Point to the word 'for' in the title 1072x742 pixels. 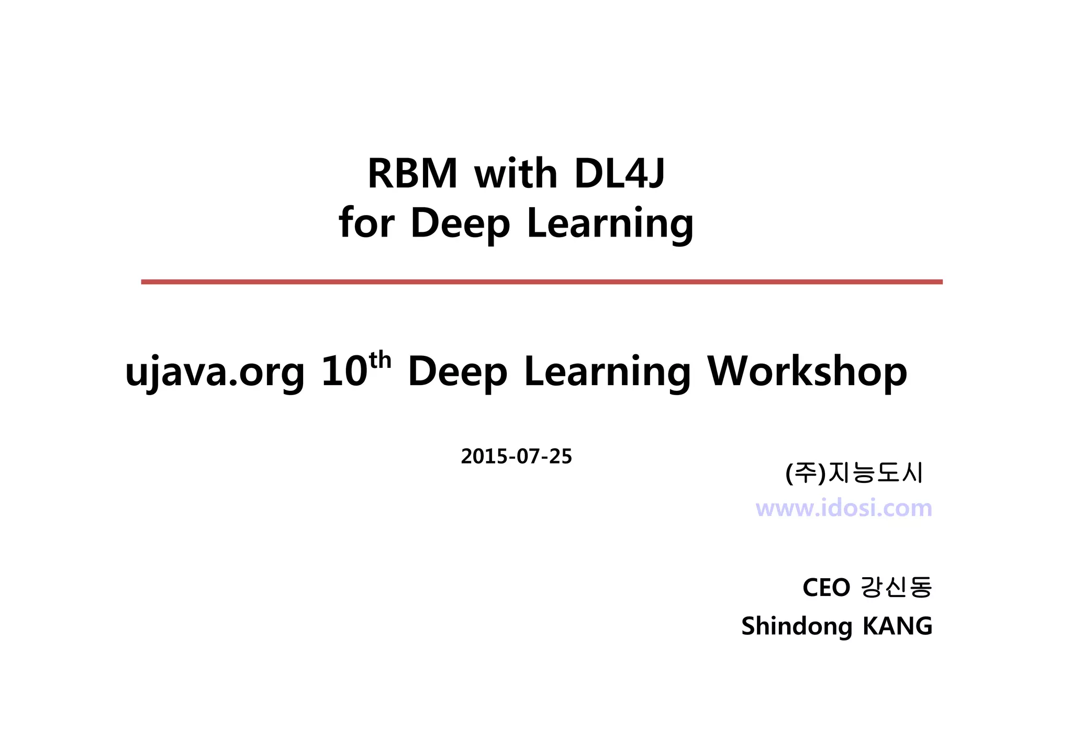366,223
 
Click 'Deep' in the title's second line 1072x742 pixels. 460,224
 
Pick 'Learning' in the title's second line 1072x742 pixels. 610,224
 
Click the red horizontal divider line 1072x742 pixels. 541,282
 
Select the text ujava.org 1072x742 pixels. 215,372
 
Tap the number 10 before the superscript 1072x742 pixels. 344,372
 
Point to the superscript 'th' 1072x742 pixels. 380,360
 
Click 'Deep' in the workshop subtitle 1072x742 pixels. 457,372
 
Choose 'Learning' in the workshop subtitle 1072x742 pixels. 607,373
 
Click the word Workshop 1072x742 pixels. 807,372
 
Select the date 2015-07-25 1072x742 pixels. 516,457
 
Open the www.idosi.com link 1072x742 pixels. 844,508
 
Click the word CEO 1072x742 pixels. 826,588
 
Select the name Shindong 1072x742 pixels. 797,626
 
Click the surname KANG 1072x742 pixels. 897,626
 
